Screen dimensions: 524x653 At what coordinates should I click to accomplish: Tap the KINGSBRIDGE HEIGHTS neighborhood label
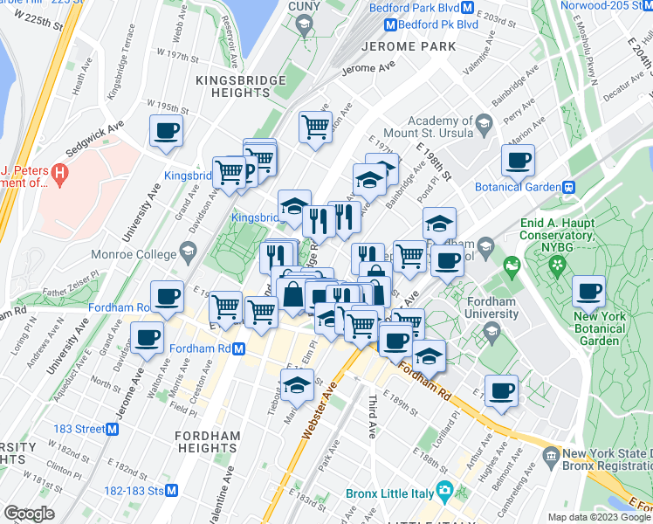241,88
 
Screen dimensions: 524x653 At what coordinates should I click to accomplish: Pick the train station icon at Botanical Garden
569,187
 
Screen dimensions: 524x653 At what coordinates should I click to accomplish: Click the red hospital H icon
59,174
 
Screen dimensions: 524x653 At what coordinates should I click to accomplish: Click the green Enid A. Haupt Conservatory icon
512,261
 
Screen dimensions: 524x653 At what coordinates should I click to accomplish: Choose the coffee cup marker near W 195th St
166,131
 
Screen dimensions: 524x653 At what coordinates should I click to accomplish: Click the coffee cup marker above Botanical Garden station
518,160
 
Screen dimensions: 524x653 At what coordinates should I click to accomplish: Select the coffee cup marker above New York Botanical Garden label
588,291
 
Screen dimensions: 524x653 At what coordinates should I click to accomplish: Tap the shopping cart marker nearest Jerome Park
315,126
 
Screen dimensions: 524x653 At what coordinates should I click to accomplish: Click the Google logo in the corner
30,513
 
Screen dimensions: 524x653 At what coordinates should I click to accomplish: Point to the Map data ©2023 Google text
597,517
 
